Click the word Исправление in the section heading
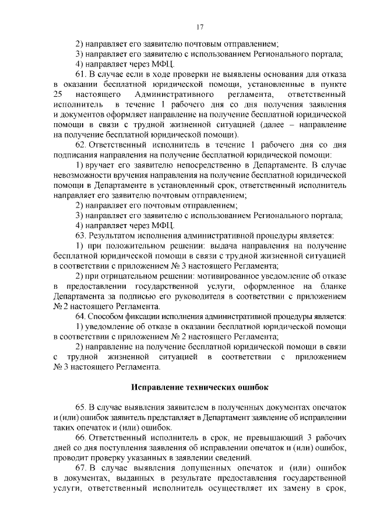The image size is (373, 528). click(x=157, y=387)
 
